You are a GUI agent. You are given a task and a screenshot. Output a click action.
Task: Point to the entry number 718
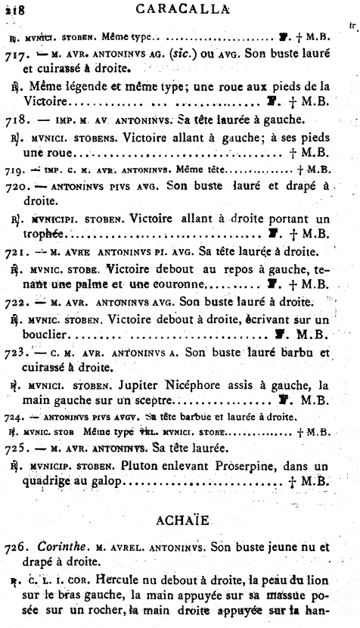coord(17,120)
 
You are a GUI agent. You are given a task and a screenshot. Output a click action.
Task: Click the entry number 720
coord(17,186)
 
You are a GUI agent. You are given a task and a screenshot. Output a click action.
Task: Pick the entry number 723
coord(17,352)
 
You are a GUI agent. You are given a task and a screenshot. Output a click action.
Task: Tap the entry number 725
coord(17,449)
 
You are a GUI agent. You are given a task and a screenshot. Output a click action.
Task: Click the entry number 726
coord(17,546)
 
